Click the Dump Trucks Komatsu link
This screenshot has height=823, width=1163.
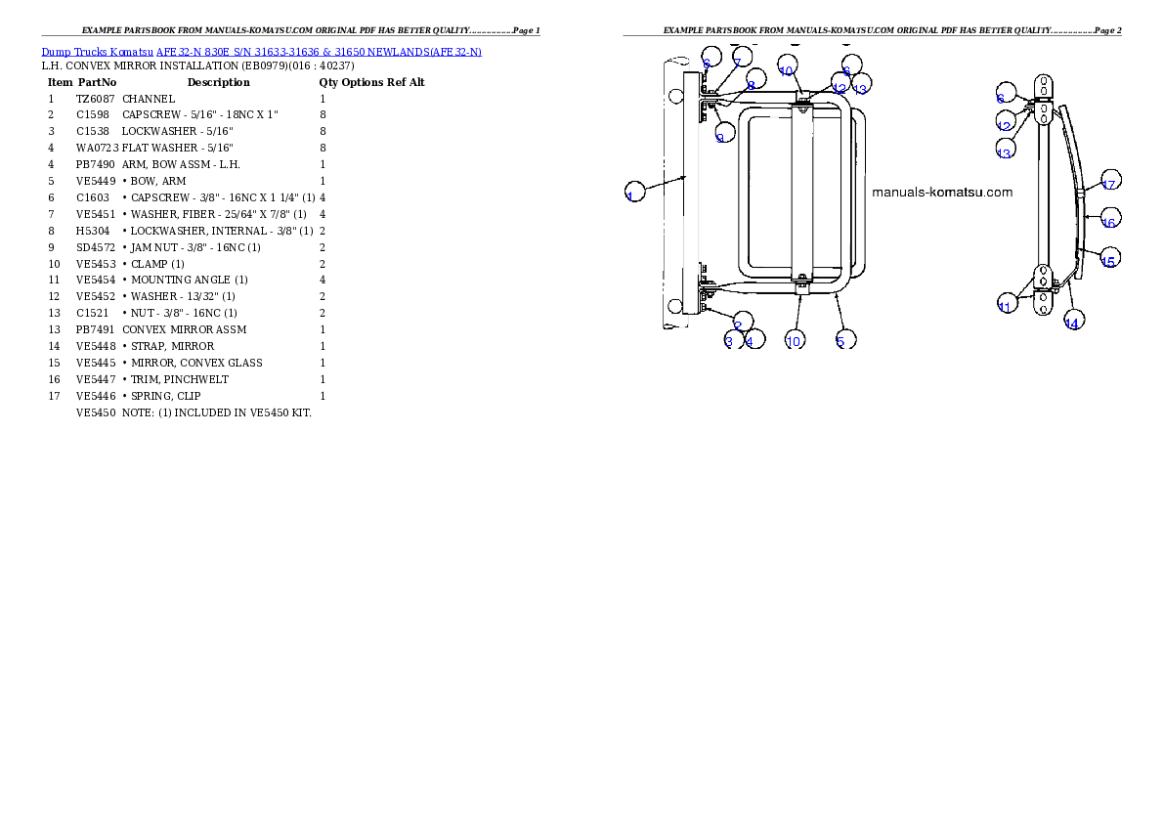97,52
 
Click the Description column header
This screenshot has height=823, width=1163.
218,82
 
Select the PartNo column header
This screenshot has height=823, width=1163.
97,82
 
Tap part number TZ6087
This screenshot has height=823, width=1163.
96,99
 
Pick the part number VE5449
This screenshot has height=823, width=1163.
96,181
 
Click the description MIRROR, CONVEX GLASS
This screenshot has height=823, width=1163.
196,363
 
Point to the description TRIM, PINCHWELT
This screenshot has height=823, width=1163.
180,379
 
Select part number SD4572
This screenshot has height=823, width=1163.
96,247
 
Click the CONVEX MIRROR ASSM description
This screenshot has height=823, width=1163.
184,329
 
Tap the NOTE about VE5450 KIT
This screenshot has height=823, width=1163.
217,412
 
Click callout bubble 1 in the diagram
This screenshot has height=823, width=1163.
635,192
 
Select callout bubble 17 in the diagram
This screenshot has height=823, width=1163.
1109,180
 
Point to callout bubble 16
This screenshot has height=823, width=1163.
1109,218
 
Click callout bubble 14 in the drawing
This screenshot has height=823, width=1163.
1073,320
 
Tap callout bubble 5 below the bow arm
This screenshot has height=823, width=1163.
844,339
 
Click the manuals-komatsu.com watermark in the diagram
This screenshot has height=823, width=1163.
942,193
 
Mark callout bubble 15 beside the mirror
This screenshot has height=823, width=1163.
1109,257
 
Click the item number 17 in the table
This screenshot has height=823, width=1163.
54,396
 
